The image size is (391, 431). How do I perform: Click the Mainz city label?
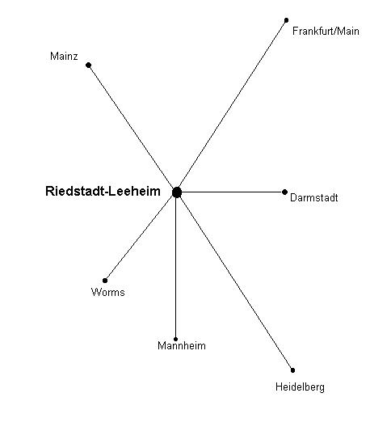coord(64,56)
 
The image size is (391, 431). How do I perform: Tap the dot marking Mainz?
coord(88,65)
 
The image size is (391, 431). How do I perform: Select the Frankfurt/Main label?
coord(326,31)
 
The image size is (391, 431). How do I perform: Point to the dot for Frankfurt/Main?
coord(287,20)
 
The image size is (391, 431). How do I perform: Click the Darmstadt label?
coord(313,197)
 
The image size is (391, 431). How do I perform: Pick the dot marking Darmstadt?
coord(284,192)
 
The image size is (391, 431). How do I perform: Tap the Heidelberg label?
coord(300,387)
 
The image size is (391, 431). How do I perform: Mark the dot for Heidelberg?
coord(292,370)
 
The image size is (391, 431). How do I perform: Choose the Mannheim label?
coord(182,345)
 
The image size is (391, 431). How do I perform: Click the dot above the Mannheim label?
coord(176,339)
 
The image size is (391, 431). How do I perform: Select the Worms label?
coord(108,292)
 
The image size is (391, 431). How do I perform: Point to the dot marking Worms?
coord(105,281)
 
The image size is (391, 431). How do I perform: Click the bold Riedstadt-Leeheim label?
coord(103,191)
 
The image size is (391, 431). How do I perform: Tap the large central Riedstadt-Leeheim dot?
coord(177,192)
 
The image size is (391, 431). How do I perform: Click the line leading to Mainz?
coord(132,129)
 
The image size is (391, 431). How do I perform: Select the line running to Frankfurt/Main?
coord(232,106)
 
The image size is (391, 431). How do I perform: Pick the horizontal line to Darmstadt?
coord(231,192)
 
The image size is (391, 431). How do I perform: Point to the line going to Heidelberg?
coord(235,281)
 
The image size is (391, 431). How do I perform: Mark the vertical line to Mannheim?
coord(176,266)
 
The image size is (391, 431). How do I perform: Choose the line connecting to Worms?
coord(141,236)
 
